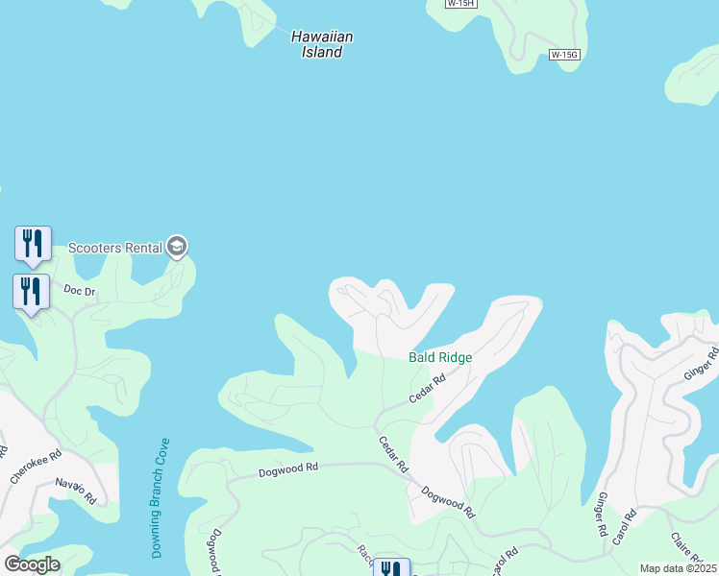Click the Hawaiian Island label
pyautogui.click(x=322, y=44)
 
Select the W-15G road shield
pyautogui.click(x=565, y=55)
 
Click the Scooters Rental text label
pyautogui.click(x=114, y=248)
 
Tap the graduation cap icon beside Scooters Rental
pyautogui.click(x=176, y=247)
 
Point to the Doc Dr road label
pyautogui.click(x=80, y=289)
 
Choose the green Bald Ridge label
pyautogui.click(x=440, y=357)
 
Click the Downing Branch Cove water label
pyautogui.click(x=161, y=498)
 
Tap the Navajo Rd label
pyautogui.click(x=76, y=491)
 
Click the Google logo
pyautogui.click(x=33, y=564)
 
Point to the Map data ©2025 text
pyautogui.click(x=679, y=568)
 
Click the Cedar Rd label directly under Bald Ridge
pyautogui.click(x=427, y=388)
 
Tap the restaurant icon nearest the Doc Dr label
pyautogui.click(x=31, y=292)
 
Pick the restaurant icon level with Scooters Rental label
pyautogui.click(x=33, y=244)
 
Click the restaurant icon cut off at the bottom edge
pyautogui.click(x=391, y=567)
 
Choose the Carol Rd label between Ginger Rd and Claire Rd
pyautogui.click(x=624, y=528)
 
